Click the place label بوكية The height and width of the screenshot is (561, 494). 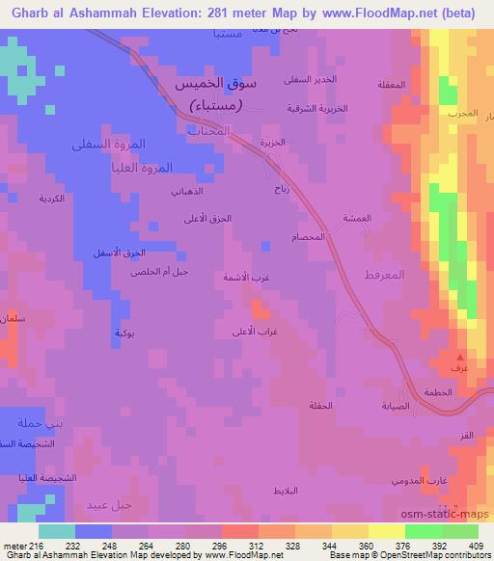pos(123,333)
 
